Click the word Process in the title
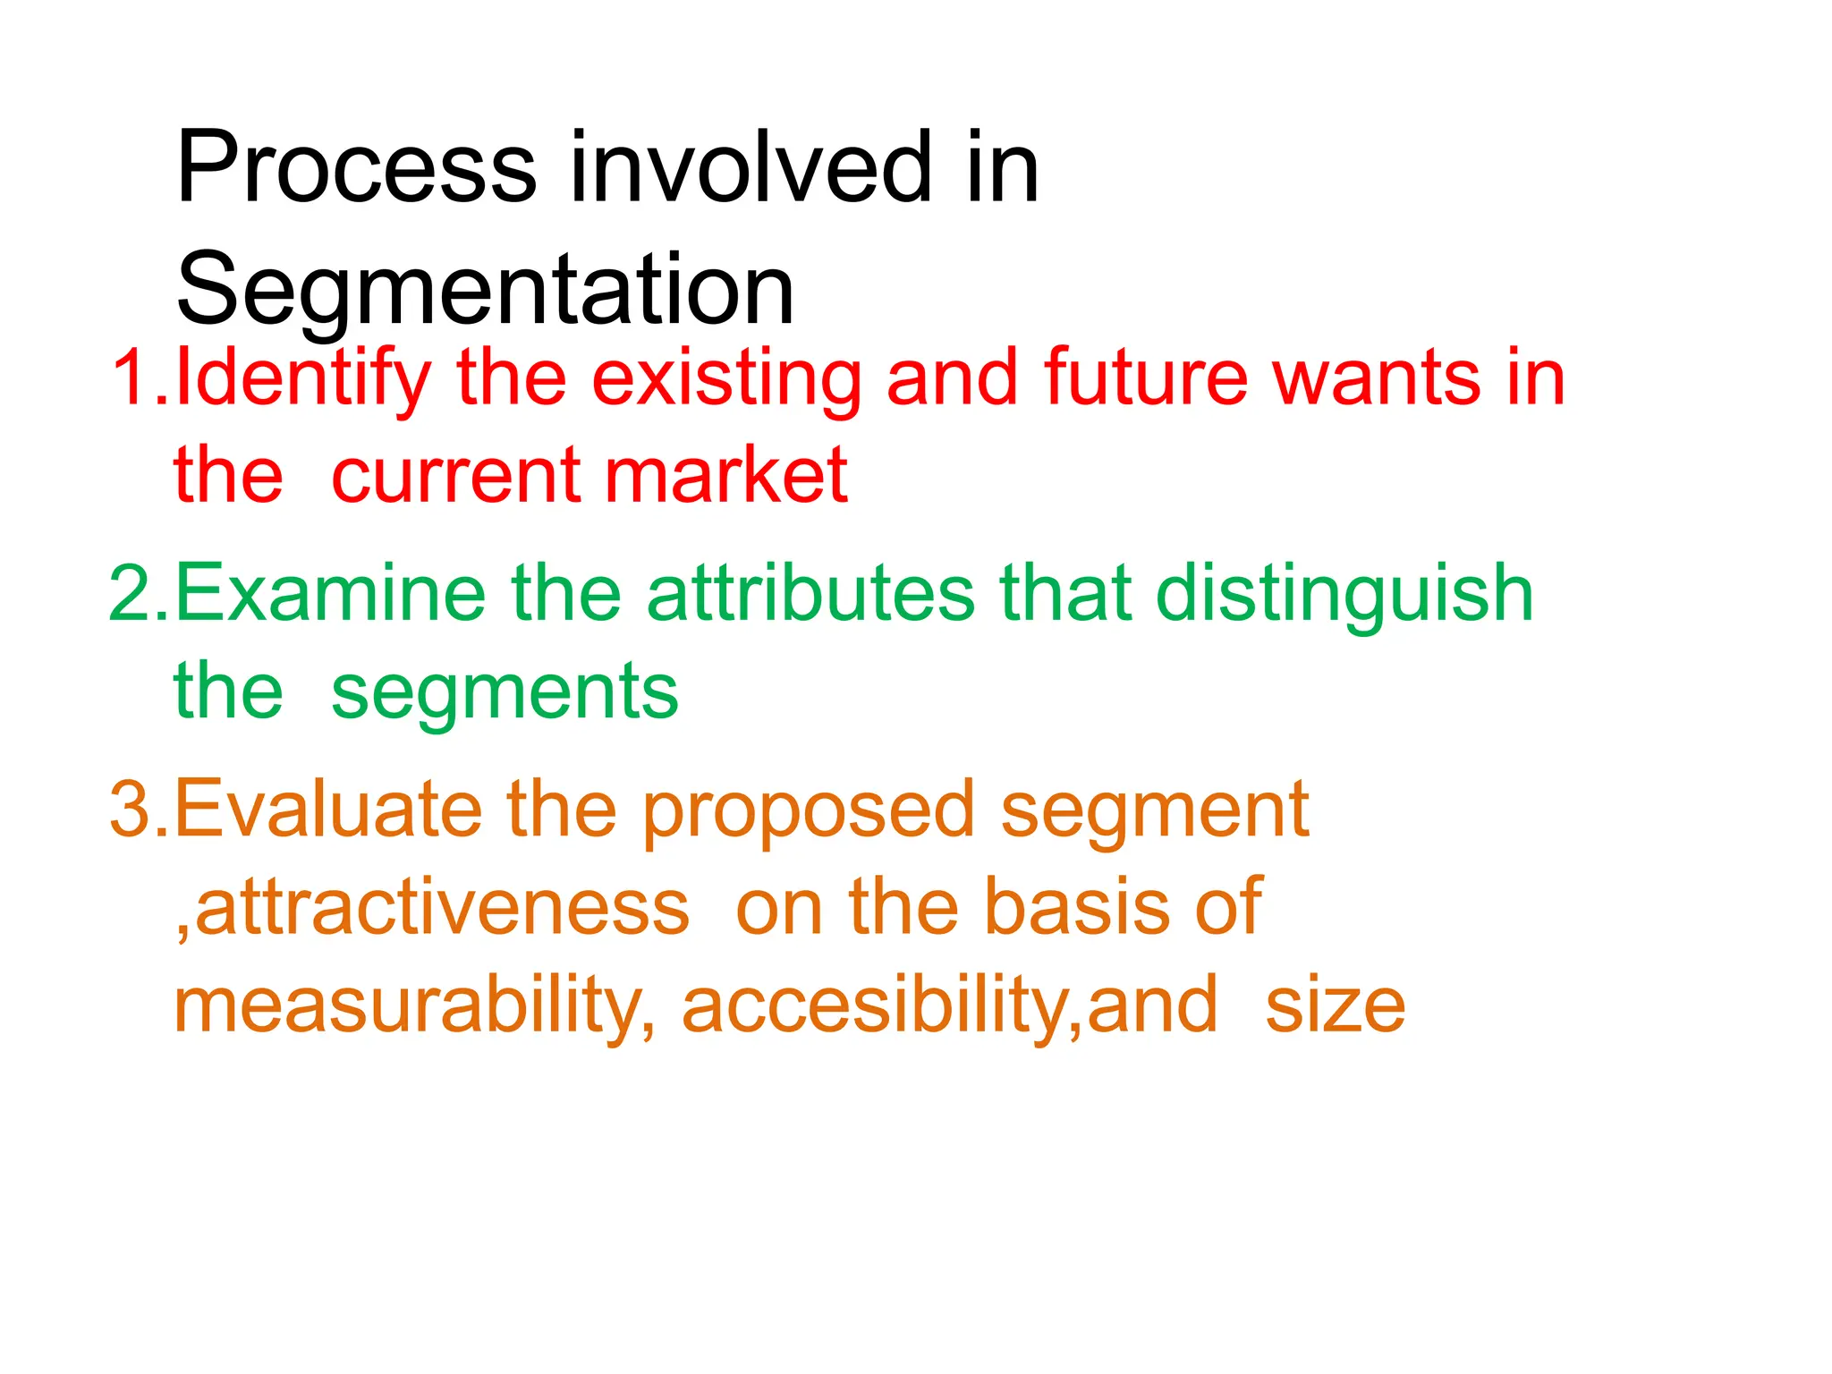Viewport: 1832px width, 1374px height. [356, 168]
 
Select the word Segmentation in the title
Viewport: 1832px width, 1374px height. [485, 290]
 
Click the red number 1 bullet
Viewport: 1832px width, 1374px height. [131, 378]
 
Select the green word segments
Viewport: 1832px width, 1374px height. [505, 694]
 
